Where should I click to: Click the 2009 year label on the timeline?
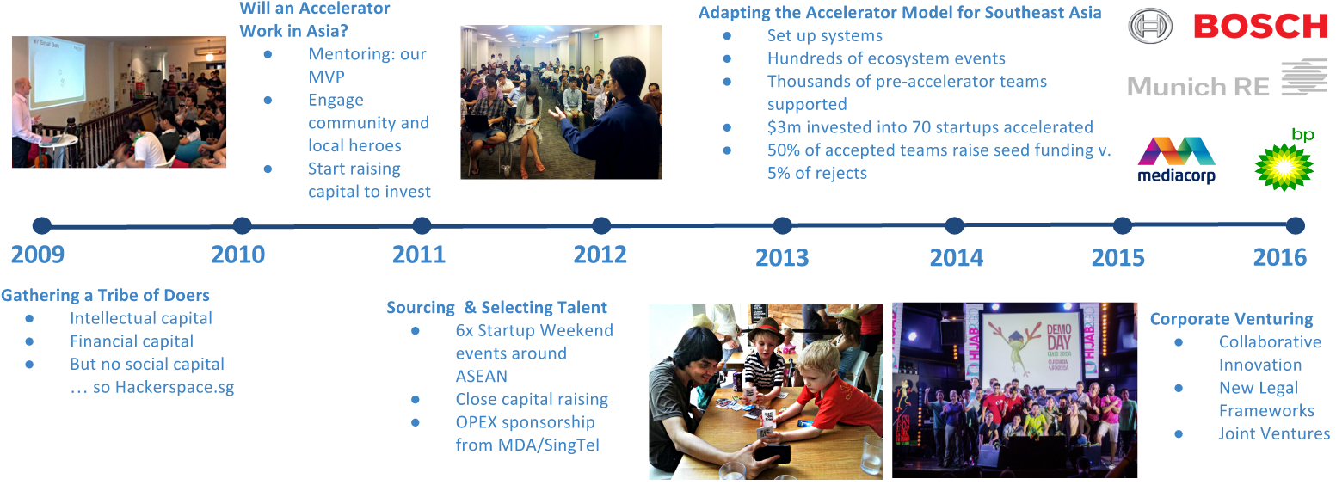click(38, 255)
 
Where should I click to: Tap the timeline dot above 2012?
click(601, 225)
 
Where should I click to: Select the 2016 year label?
click(1280, 258)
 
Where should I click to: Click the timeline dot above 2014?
click(954, 225)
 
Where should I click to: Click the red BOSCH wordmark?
click(1261, 27)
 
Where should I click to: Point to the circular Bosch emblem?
click(1150, 27)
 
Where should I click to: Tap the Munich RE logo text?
click(1198, 87)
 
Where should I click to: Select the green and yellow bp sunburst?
click(1284, 167)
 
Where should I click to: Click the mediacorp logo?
click(1176, 159)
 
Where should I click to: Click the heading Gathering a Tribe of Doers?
click(106, 295)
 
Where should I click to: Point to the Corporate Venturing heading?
click(1232, 319)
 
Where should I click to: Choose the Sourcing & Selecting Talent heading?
click(497, 307)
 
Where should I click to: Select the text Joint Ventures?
click(1274, 433)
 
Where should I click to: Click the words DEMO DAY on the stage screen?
click(1059, 336)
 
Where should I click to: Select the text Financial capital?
click(132, 341)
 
